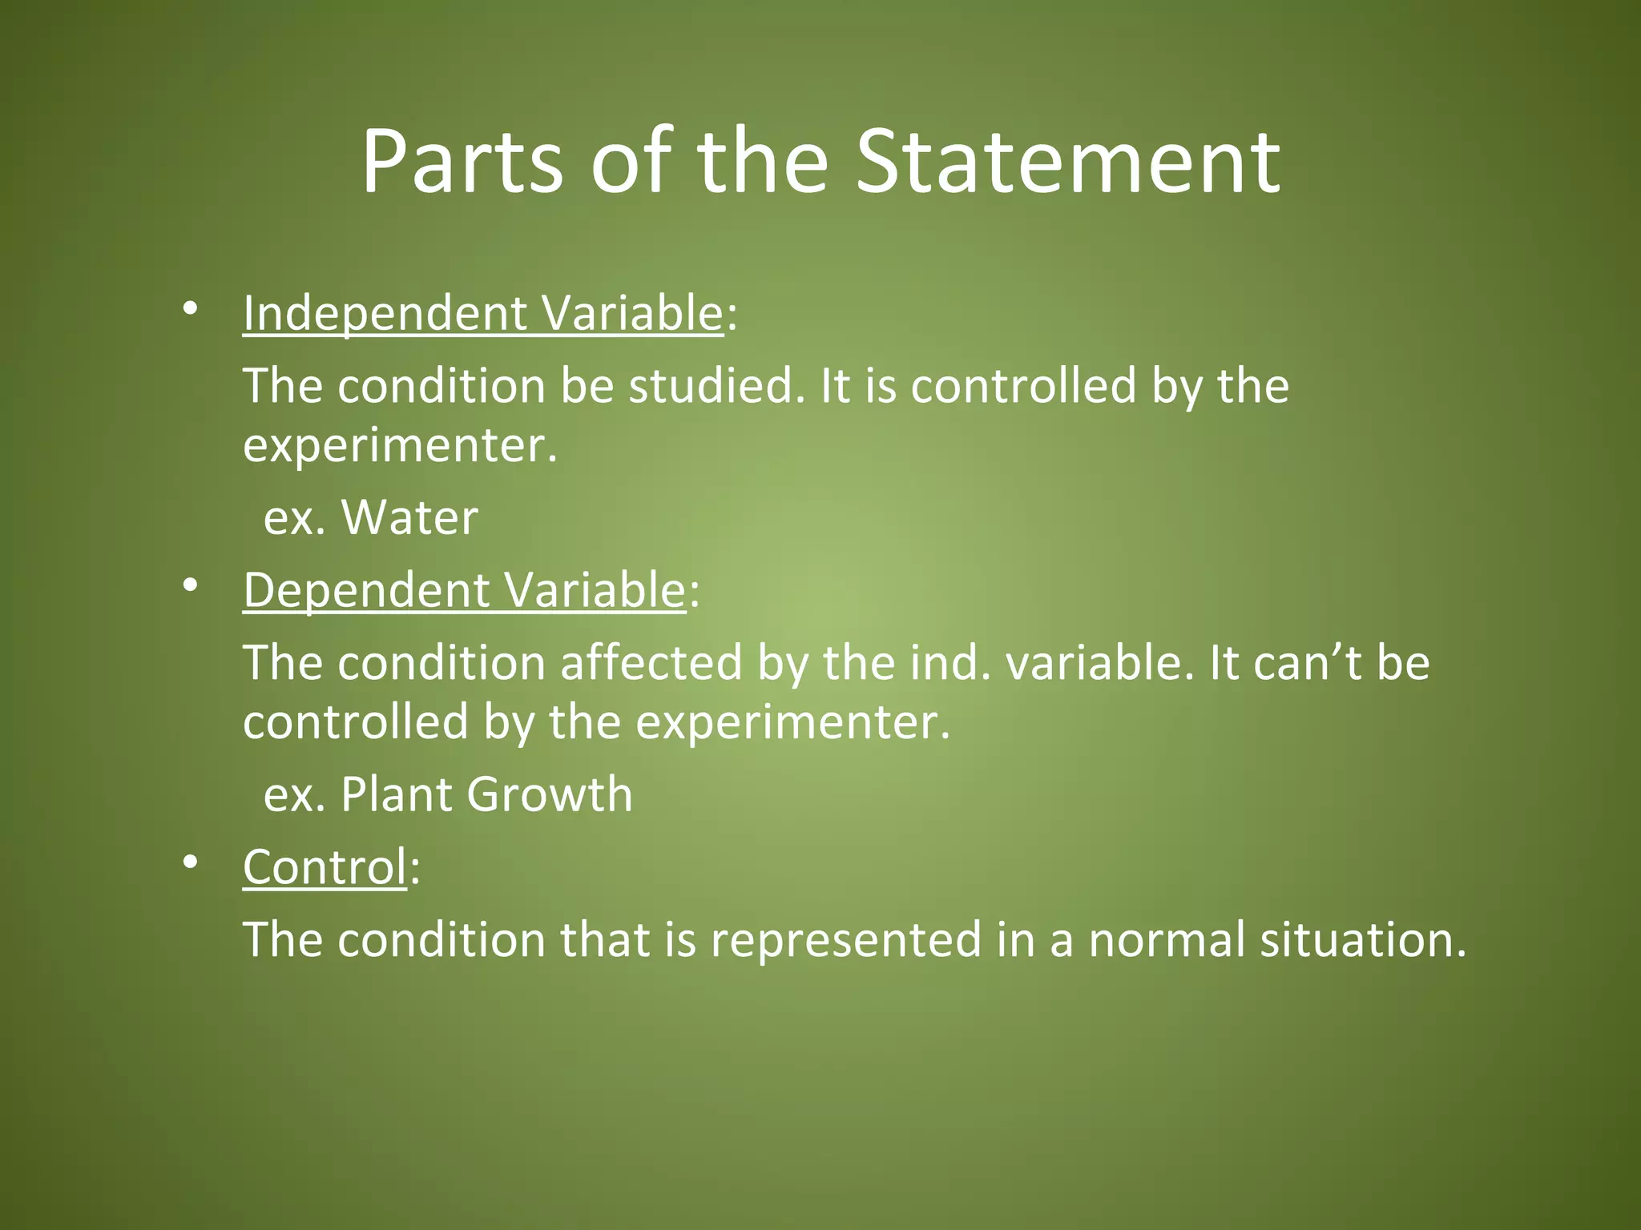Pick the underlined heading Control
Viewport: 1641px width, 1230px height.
[325, 867]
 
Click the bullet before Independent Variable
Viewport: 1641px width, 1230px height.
[190, 308]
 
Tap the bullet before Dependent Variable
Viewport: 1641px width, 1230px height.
[190, 585]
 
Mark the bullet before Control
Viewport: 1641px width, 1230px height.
[190, 862]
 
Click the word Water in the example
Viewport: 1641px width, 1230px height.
[409, 517]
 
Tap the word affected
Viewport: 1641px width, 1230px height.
[651, 663]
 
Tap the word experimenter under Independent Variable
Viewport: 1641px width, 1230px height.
[399, 447]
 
